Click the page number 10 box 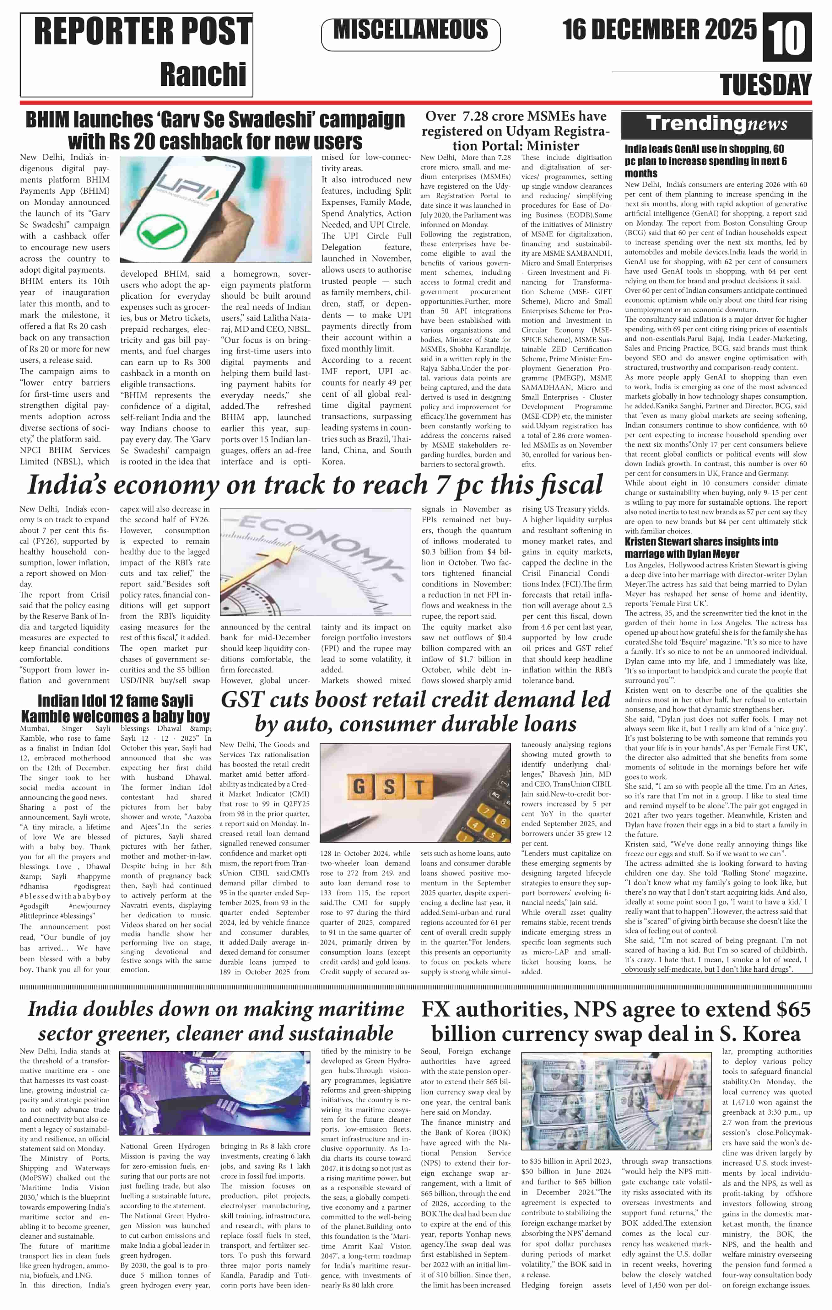pyautogui.click(x=787, y=38)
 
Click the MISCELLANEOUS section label pyautogui.click(x=411, y=30)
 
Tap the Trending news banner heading pyautogui.click(x=716, y=125)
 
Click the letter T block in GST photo pyautogui.click(x=419, y=787)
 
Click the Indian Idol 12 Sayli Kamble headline pyautogui.click(x=115, y=708)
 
